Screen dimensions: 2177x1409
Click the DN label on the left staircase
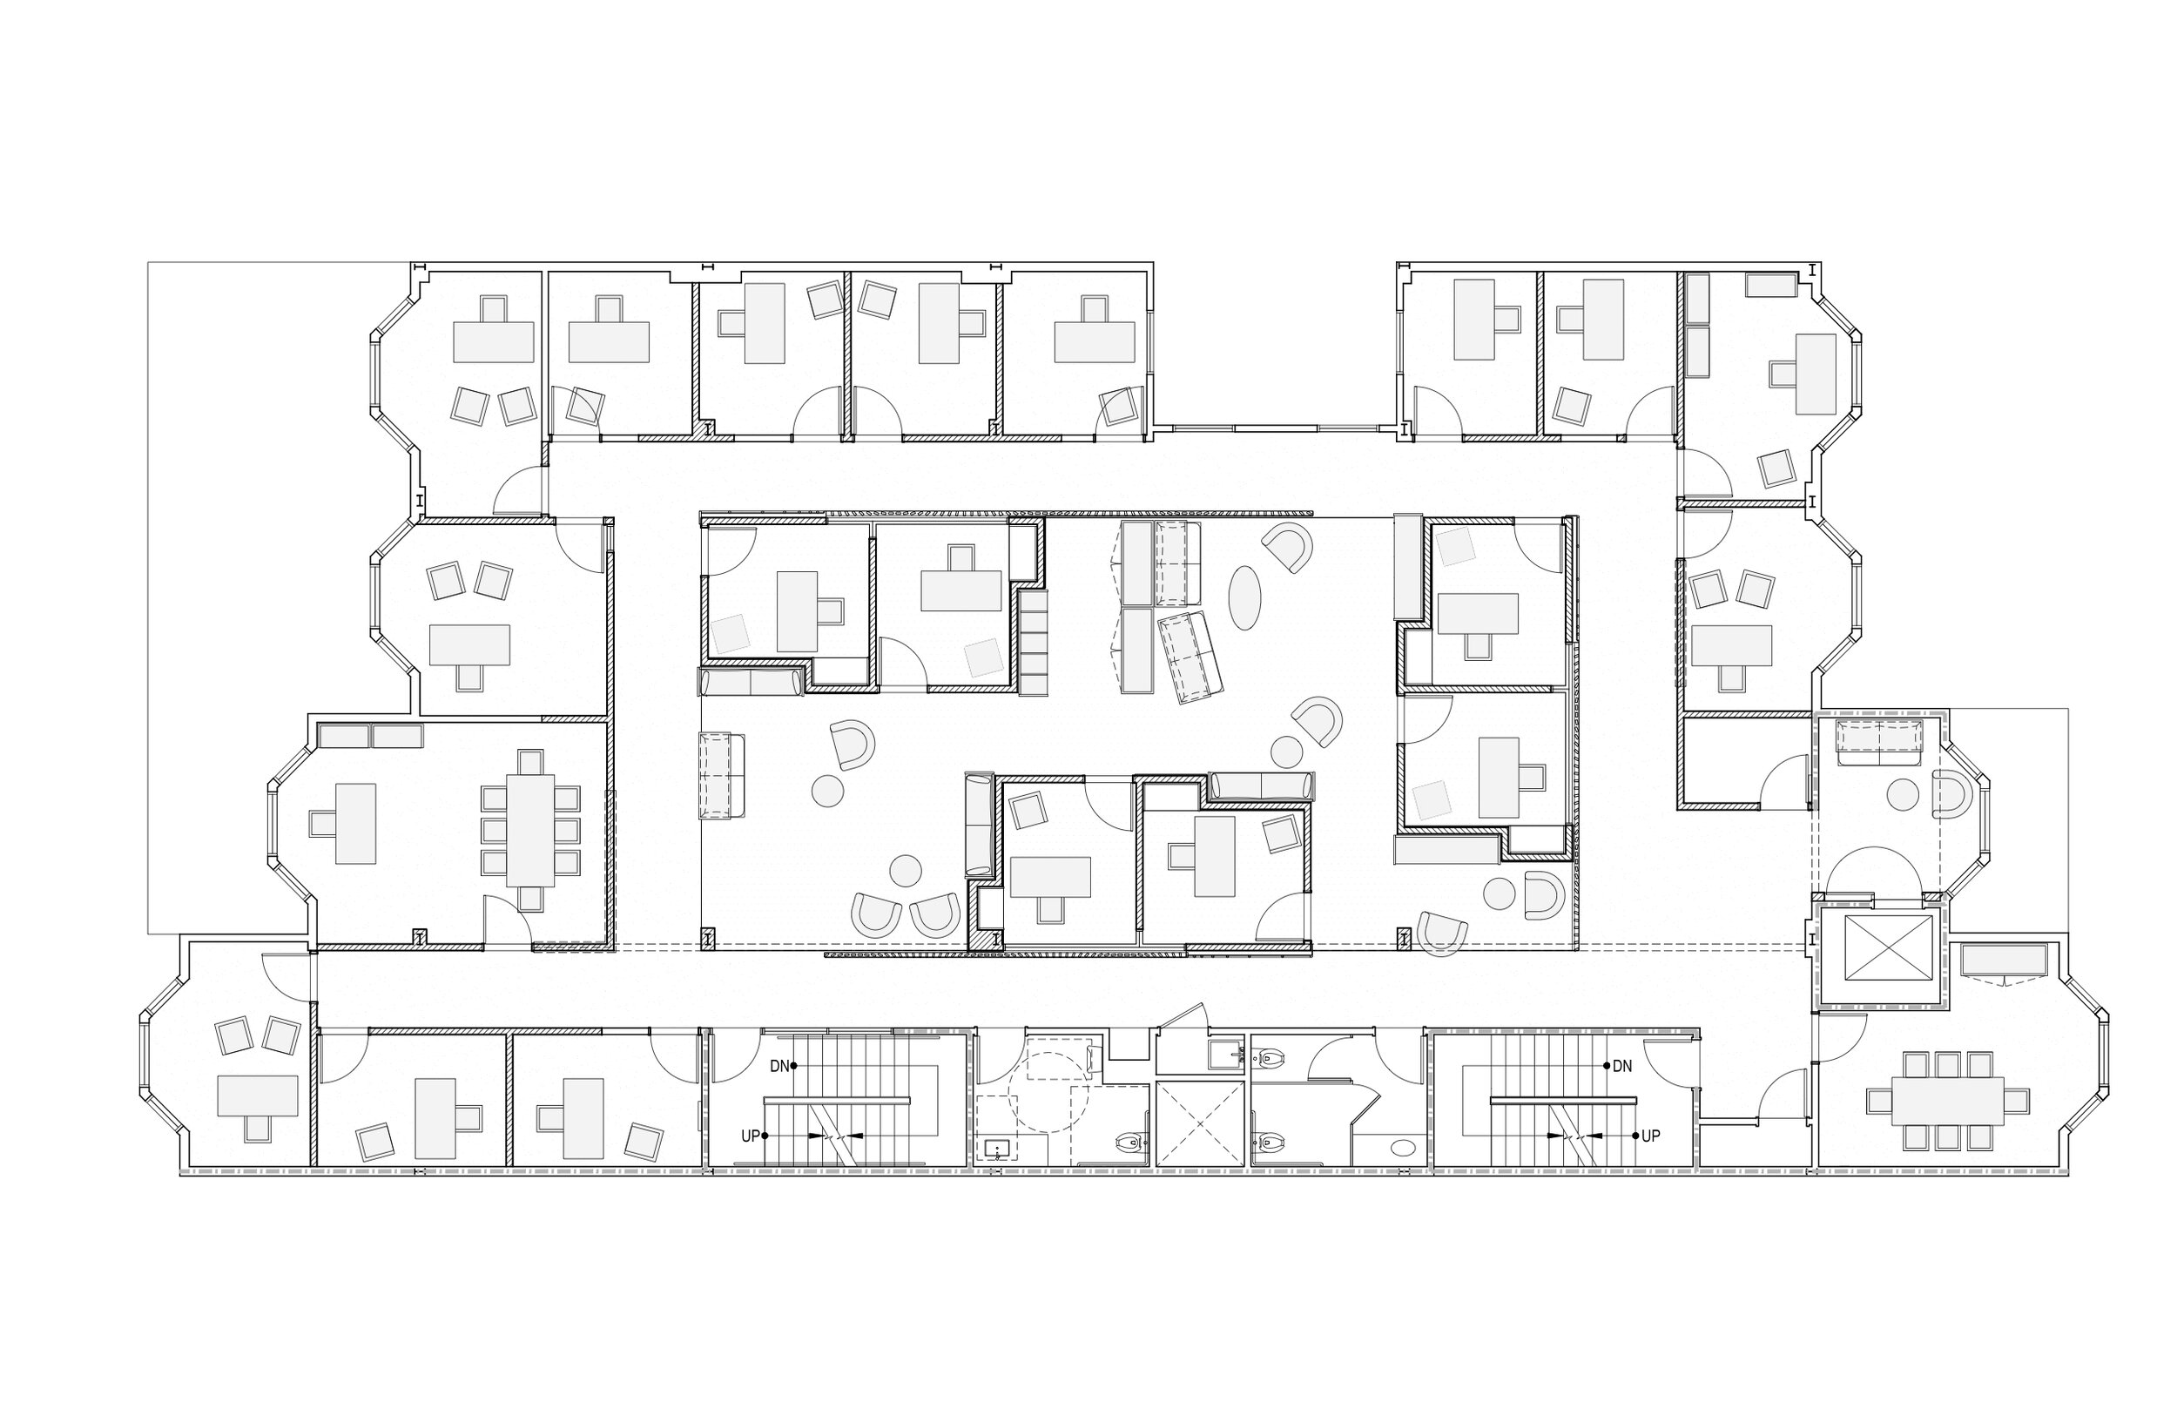pos(779,1066)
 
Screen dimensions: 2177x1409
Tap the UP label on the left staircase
pos(750,1136)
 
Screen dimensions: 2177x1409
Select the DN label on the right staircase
pos(1622,1066)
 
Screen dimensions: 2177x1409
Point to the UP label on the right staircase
pos(1650,1136)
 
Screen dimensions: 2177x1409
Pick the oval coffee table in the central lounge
pos(1244,597)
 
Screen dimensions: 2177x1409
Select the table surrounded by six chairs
pos(530,830)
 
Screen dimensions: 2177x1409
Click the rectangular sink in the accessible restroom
pos(996,1149)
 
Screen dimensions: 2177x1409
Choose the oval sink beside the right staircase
pos(1399,1148)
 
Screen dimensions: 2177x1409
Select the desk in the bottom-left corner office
pos(258,1096)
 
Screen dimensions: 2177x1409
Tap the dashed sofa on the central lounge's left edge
pos(723,775)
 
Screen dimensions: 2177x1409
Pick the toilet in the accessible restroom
pos(1130,1142)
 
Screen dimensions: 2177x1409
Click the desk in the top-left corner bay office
pos(493,342)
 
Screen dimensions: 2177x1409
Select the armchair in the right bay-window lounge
pos(1949,794)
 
